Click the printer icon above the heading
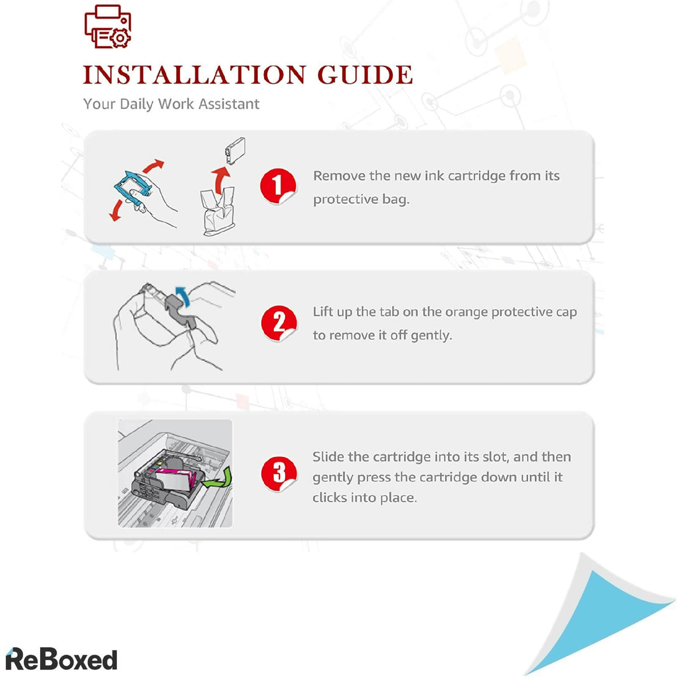(108, 27)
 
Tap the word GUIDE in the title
(365, 75)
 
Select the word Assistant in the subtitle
(228, 104)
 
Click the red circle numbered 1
(278, 186)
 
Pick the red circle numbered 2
(279, 323)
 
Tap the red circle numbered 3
(279, 474)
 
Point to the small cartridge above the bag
(235, 151)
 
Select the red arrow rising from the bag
(221, 180)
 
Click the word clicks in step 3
(329, 498)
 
